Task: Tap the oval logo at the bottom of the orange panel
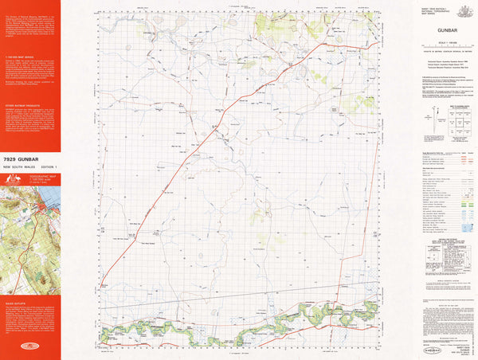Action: [x=31, y=347]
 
